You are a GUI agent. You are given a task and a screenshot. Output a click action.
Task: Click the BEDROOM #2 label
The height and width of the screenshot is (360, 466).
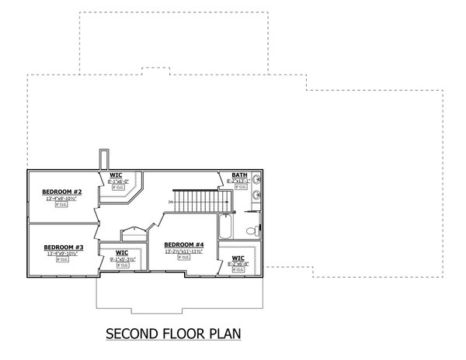coord(61,191)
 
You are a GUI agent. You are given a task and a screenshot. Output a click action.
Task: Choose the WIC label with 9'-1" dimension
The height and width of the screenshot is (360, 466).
coord(122,252)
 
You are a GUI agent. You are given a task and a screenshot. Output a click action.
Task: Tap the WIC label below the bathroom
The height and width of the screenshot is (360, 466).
coord(238,258)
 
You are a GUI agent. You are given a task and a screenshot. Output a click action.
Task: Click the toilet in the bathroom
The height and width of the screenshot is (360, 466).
coord(251,231)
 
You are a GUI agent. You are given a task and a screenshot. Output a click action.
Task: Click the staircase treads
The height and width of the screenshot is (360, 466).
coord(201,202)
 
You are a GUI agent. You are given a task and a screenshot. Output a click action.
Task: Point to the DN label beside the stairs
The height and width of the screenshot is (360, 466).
coord(169,203)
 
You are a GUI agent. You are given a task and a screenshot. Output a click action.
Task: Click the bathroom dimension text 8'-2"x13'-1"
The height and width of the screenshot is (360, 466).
coord(238,182)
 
